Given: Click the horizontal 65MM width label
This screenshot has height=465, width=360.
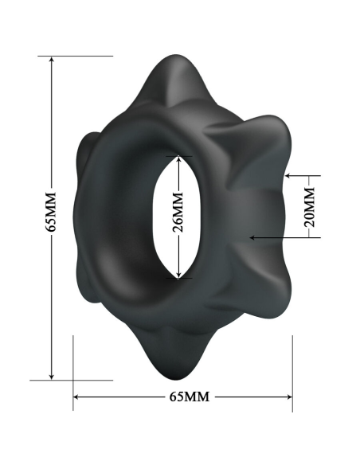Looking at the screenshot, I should click(x=184, y=396).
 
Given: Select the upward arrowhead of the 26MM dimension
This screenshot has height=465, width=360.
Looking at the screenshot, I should click(x=178, y=159).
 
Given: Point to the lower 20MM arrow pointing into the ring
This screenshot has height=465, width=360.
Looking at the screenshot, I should click(x=253, y=236).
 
